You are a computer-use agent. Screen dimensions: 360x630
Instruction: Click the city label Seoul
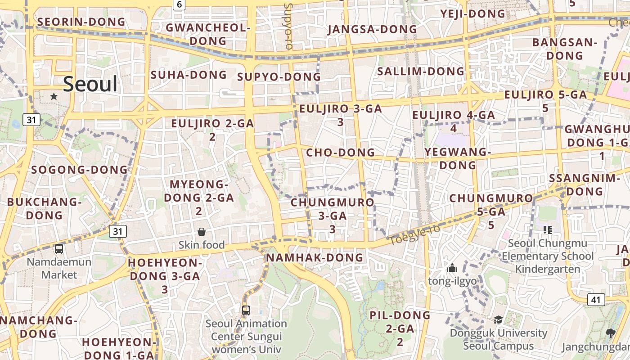click(x=90, y=84)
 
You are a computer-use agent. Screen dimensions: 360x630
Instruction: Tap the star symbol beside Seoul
click(x=54, y=96)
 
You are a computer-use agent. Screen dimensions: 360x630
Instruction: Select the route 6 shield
click(x=179, y=4)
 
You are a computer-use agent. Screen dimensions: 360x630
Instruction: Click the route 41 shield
click(x=596, y=299)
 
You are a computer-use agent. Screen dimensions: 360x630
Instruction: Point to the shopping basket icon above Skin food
click(x=201, y=232)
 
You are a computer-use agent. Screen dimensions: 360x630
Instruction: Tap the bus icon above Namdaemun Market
click(x=58, y=249)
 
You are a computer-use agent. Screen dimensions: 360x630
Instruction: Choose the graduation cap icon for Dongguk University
click(x=498, y=319)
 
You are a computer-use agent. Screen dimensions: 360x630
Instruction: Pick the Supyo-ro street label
click(x=288, y=27)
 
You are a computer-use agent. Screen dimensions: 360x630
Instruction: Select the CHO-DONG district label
click(x=340, y=153)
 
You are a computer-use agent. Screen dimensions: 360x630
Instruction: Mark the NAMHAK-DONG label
click(x=315, y=257)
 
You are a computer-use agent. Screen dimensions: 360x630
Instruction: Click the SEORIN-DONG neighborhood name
click(x=81, y=22)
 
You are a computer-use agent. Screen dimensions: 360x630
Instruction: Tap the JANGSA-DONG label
click(x=372, y=29)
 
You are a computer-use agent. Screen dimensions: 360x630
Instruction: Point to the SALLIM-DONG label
click(x=420, y=71)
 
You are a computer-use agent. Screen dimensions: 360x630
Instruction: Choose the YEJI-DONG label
click(x=473, y=14)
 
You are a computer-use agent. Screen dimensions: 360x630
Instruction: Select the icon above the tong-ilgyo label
click(x=452, y=269)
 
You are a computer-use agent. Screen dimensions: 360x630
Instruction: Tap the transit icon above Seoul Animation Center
click(x=246, y=310)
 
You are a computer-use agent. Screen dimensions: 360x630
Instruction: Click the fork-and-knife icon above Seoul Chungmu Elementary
click(x=548, y=230)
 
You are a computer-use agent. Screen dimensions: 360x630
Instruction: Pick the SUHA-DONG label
click(x=189, y=75)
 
